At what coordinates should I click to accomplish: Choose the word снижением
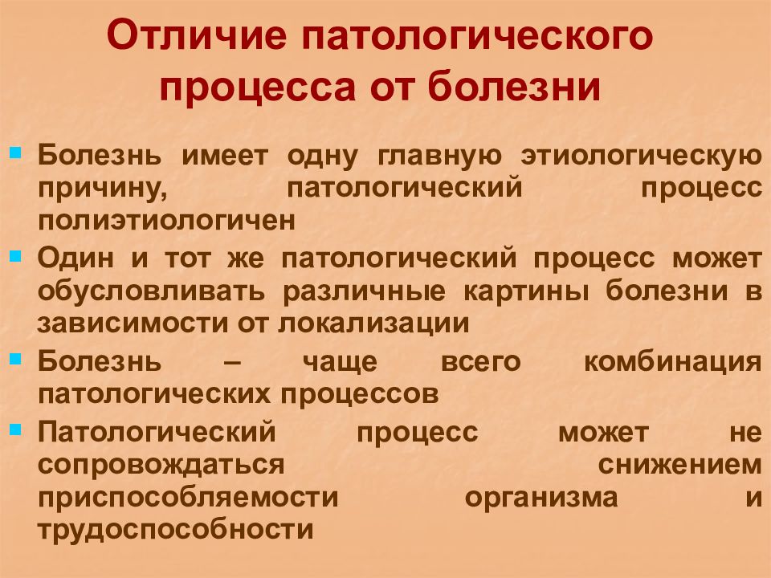pyautogui.click(x=689, y=464)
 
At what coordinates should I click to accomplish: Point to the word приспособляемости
pyautogui.click(x=187, y=497)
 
